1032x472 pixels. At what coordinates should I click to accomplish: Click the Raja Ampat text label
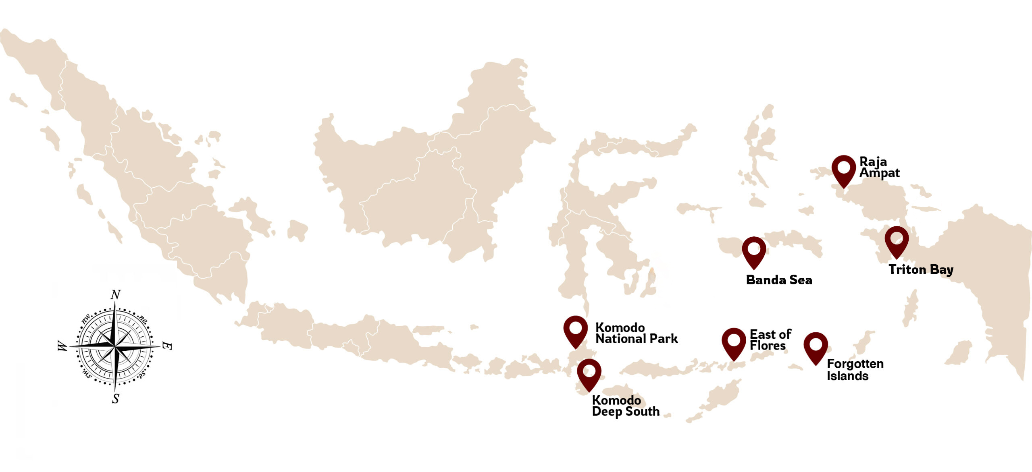[879, 167]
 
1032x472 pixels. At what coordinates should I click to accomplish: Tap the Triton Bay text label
[921, 269]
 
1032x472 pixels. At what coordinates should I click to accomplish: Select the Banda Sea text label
[779, 280]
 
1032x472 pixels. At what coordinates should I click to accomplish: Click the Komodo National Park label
[636, 333]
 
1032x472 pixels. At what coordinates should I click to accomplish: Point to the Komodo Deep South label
[625, 406]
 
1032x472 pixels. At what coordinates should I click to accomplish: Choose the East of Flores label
[770, 340]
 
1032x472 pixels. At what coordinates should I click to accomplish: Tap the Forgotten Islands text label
[855, 370]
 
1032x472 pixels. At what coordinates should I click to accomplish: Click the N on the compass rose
[116, 295]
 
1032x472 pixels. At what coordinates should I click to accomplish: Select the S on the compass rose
[116, 399]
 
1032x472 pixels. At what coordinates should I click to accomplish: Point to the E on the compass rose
[167, 346]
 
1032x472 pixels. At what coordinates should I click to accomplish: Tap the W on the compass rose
[62, 346]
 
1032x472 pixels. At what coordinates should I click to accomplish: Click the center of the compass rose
[115, 346]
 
